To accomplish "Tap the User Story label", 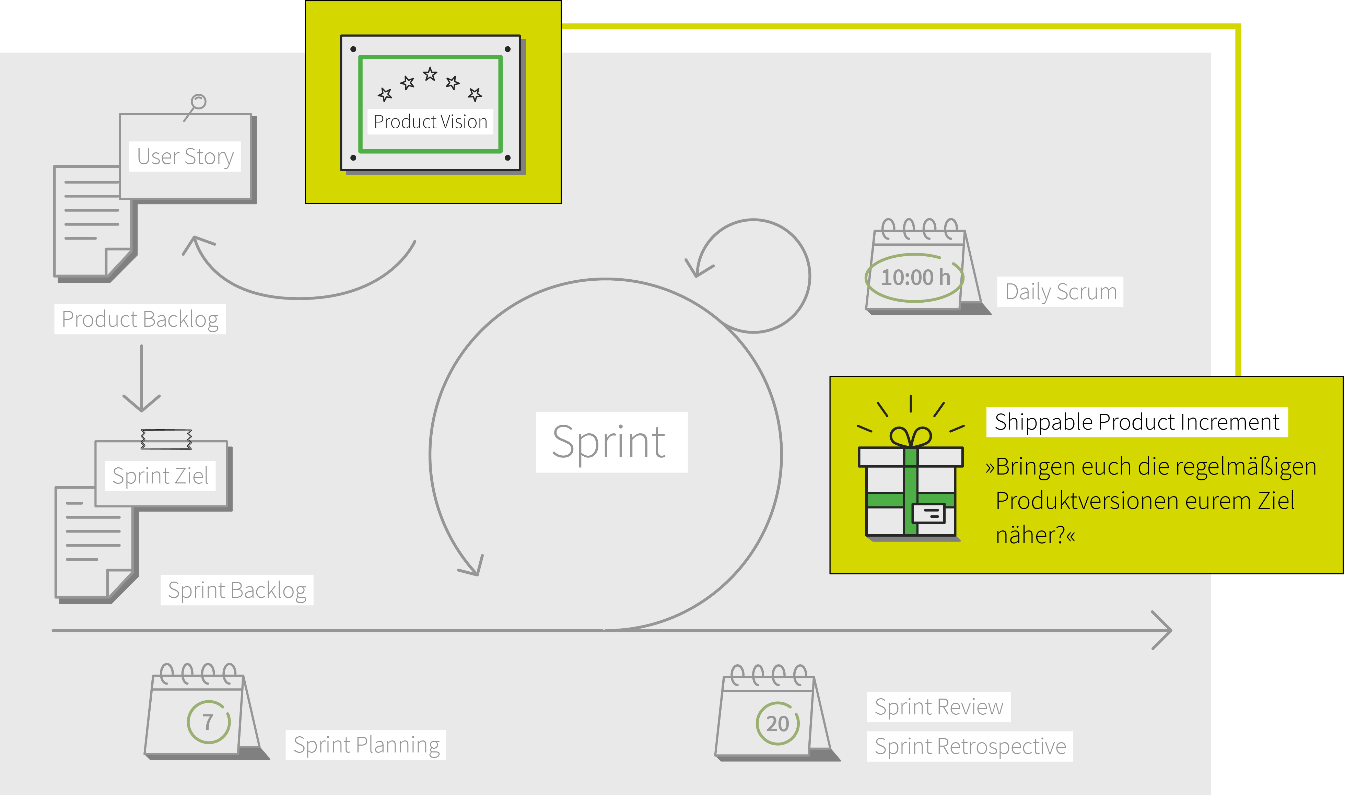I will tap(185, 156).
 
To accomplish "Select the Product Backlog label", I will tap(140, 319).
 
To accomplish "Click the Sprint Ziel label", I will tap(160, 476).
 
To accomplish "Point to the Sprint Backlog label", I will tap(237, 591).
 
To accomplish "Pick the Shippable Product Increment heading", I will tap(1137, 422).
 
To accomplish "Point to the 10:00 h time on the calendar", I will tap(915, 278).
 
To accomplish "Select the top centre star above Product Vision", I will tap(430, 74).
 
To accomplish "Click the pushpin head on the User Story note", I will tap(199, 101).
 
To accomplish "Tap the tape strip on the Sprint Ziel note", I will tap(166, 439).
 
